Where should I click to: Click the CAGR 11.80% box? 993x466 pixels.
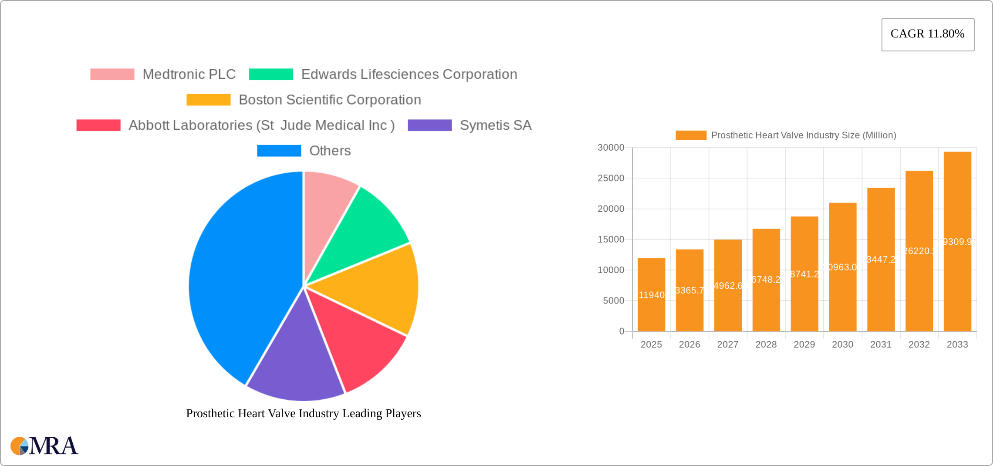coord(928,34)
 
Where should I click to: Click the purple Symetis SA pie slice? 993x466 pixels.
coord(296,361)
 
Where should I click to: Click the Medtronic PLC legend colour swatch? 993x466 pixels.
coord(112,74)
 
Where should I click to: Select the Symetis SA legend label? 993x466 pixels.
coord(495,125)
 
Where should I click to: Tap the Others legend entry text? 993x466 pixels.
coord(330,151)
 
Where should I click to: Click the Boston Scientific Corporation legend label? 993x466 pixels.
coord(330,100)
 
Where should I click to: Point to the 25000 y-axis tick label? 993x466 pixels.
coord(611,178)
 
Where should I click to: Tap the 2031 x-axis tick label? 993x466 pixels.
coord(881,344)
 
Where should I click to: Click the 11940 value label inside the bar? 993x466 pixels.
coord(652,295)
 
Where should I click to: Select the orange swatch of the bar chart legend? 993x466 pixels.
coord(691,135)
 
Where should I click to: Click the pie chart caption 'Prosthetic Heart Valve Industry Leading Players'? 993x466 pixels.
coord(303,413)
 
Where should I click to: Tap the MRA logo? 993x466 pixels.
coord(44,446)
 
